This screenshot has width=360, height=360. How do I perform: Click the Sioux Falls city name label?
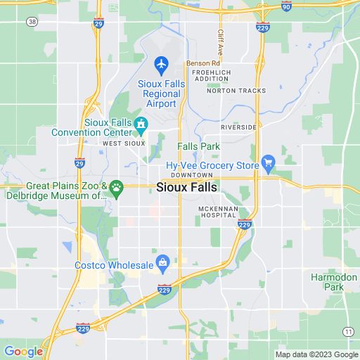[x=186, y=188]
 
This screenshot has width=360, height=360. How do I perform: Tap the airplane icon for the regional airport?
[x=162, y=65]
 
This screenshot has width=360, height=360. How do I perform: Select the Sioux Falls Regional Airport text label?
[x=162, y=94]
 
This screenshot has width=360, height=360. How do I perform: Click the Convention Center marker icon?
[x=141, y=124]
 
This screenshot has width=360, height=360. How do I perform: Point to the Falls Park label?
[x=199, y=146]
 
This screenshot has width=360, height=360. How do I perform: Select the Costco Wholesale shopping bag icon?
[x=162, y=264]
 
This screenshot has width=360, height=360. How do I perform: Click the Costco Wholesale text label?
[x=114, y=265]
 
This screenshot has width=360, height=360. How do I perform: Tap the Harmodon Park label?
[x=328, y=282]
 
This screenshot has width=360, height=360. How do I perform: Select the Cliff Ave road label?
[x=220, y=42]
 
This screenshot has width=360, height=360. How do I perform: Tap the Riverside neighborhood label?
[x=238, y=127]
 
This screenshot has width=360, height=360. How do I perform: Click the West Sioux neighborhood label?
[x=124, y=143]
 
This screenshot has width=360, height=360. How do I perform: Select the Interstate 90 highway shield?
[x=285, y=6]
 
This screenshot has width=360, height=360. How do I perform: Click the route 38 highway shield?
[x=32, y=22]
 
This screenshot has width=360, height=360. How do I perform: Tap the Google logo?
[x=23, y=352]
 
